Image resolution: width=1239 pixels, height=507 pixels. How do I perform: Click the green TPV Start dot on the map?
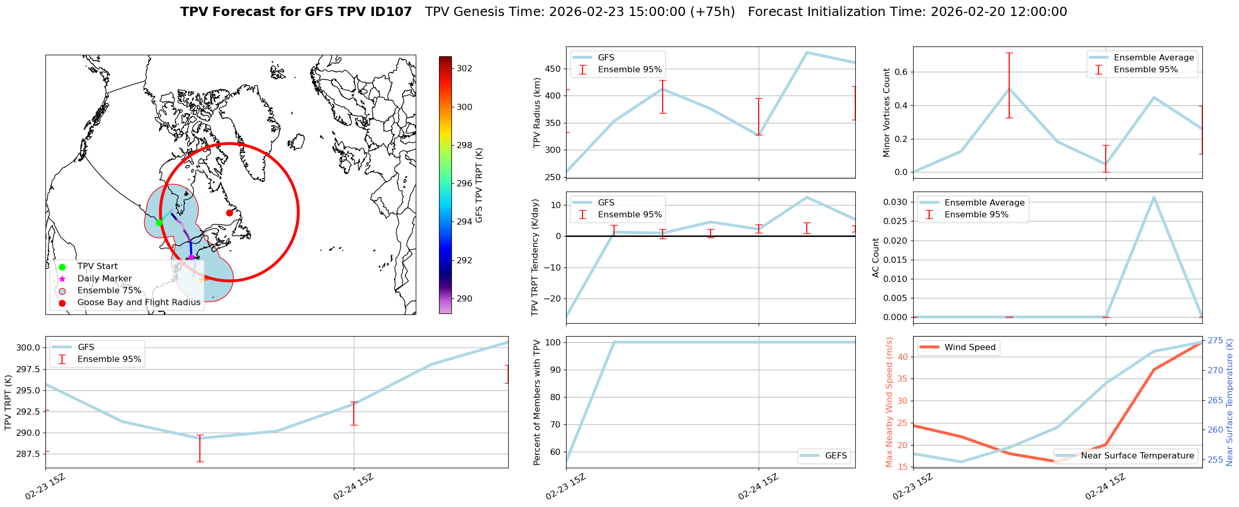[159, 223]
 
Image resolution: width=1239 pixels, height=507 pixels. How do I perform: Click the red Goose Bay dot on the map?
[229, 213]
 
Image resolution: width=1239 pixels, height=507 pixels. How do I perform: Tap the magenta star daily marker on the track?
[191, 257]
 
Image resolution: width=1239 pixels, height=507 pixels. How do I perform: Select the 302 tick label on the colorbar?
[464, 69]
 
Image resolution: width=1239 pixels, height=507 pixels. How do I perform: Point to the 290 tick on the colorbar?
[464, 299]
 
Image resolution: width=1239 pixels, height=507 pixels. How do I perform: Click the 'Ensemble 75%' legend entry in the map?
[109, 291]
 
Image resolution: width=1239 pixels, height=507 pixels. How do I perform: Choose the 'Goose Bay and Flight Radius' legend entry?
[138, 303]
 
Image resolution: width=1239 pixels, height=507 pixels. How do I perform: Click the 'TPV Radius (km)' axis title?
[537, 113]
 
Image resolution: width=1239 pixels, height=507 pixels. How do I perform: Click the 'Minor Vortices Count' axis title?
[886, 113]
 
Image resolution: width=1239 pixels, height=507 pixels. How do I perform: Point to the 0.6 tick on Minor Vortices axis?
[901, 72]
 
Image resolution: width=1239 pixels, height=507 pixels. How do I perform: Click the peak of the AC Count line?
[1154, 197]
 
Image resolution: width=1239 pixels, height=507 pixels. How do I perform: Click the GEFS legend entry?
[836, 456]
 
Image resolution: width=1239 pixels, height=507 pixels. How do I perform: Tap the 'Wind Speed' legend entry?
[969, 347]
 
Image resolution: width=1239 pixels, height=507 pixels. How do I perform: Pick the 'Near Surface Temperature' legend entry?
[1137, 456]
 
